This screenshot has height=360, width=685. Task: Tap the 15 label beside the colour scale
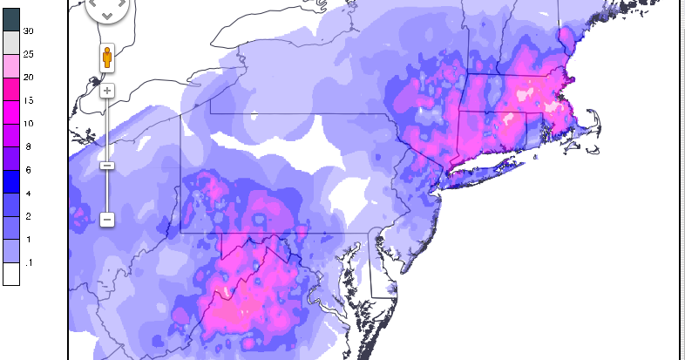pos(27,99)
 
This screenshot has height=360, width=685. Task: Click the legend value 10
pos(27,124)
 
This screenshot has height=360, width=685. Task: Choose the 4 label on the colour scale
pos(28,193)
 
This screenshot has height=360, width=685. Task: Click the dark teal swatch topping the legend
pos(10,18)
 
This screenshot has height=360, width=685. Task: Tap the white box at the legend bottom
pos(10,275)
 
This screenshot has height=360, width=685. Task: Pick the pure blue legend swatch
pos(10,181)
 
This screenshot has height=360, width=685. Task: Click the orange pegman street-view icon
pos(106,58)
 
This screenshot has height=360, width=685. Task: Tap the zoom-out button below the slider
pos(106,220)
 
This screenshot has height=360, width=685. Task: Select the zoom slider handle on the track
pos(106,165)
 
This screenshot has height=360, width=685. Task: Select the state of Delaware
pos(378,270)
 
